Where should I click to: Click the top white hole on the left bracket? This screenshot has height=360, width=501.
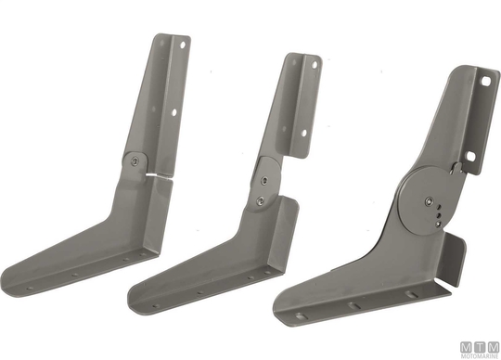pos(183,45)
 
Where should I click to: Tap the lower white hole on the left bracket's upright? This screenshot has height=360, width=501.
pos(174,112)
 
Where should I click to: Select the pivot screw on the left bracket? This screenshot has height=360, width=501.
pos(135,161)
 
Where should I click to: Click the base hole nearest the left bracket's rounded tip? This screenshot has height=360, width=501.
pos(30,289)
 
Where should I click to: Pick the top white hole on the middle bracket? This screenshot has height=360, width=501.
pos(315,65)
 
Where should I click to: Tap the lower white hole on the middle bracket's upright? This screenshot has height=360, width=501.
pos(304,133)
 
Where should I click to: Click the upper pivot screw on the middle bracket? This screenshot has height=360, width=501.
pos(264,181)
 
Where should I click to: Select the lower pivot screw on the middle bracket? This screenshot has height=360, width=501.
pos(261,200)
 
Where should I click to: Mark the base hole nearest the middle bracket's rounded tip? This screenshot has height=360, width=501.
pos(156,306)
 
